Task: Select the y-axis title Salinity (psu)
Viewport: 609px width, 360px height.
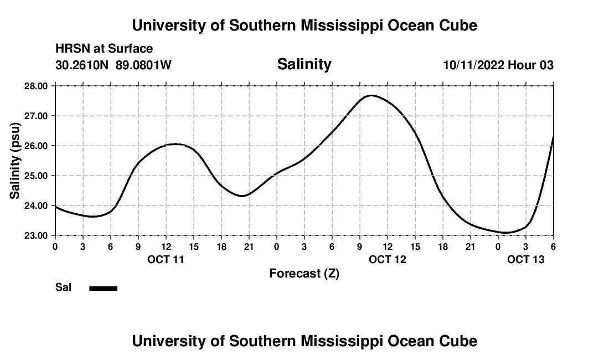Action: pos(16,161)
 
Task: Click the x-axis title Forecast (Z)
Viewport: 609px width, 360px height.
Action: pos(304,274)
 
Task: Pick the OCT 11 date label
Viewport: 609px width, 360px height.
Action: pos(166,259)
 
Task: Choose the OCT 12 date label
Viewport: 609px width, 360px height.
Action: pos(388,259)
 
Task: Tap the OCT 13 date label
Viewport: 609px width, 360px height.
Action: pos(526,259)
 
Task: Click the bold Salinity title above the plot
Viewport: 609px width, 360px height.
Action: pos(304,64)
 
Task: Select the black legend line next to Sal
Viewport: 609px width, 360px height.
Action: pos(104,288)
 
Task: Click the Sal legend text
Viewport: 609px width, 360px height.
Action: pos(64,288)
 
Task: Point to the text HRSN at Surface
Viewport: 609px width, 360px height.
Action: pos(104,49)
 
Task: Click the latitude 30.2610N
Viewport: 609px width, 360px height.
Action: pos(83,65)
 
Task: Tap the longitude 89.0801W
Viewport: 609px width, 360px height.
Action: pos(144,65)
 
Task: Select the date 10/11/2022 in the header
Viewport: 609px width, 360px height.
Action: pos(473,65)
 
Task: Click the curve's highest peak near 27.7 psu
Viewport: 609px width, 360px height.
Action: pos(371,95)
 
